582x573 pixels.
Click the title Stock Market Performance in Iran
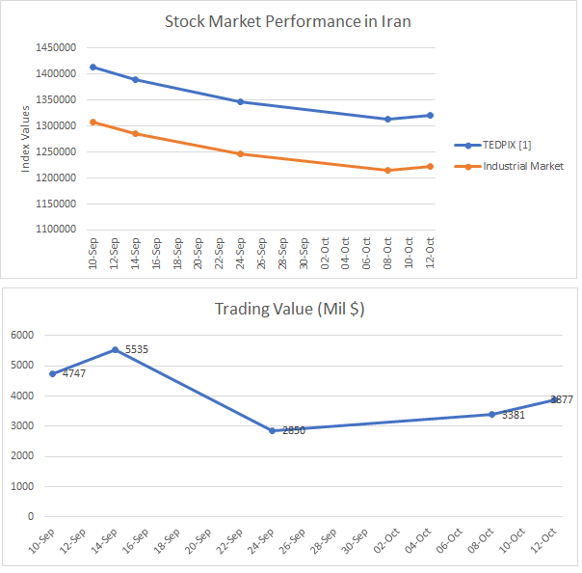point(287,21)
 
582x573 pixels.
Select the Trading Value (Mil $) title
point(289,310)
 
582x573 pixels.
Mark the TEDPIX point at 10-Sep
point(93,67)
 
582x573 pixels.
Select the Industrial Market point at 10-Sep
point(93,122)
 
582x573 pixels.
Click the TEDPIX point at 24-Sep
point(240,101)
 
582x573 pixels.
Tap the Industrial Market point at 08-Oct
point(387,171)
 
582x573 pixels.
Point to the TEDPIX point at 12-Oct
point(430,115)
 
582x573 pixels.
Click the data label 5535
point(136,349)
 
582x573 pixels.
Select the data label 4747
point(74,373)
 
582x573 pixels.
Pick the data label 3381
point(514,416)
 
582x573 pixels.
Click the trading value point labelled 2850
point(273,430)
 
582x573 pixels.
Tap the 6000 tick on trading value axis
point(23,335)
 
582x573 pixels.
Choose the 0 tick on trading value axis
point(31,516)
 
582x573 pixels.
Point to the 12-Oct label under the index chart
point(430,252)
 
